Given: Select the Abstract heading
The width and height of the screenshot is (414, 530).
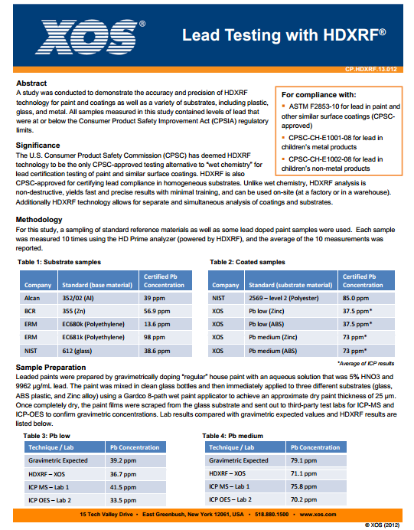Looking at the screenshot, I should (31, 83).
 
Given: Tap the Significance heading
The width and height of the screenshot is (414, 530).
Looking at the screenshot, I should (37, 145).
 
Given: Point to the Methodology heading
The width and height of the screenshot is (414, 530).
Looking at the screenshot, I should (39, 220).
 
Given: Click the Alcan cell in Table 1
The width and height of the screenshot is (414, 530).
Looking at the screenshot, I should (34, 298).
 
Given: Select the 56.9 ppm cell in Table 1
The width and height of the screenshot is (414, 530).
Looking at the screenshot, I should (158, 311).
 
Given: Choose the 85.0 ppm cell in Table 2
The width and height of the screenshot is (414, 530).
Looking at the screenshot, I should (357, 298).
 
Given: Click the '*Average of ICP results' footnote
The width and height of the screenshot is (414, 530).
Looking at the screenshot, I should (366, 363).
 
